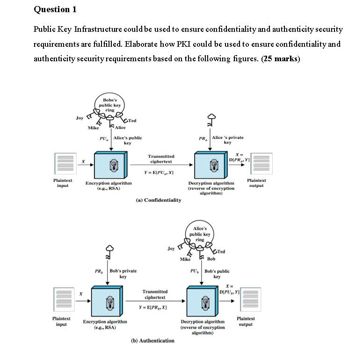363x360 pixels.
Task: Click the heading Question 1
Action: [55, 9]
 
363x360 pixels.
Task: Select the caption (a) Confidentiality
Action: [158, 200]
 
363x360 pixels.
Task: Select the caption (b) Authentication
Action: [152, 341]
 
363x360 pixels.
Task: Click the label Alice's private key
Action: [227, 140]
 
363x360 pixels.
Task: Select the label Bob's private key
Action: [123, 274]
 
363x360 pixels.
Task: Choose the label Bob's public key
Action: [217, 274]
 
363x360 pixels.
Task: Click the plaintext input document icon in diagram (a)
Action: [63, 164]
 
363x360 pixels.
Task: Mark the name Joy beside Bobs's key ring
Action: [80, 118]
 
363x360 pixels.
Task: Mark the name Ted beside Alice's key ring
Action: [220, 252]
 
